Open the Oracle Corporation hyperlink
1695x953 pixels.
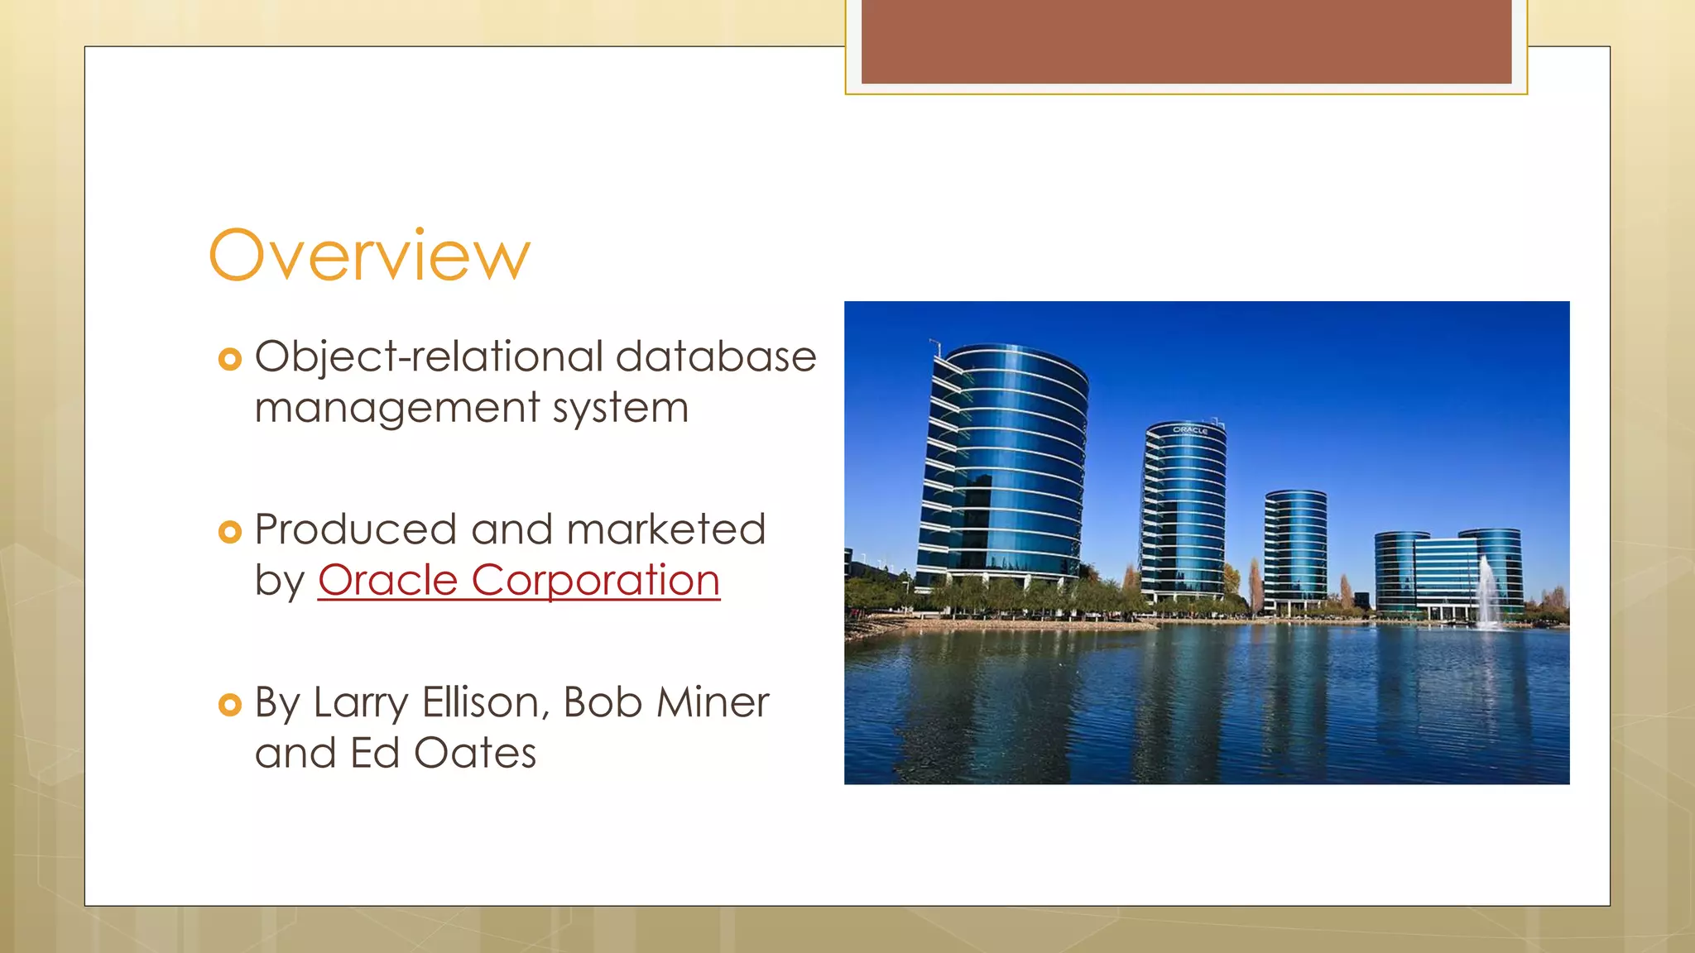[519, 580]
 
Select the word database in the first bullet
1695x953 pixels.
[716, 357]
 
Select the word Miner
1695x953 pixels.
[713, 703]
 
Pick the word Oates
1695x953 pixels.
[475, 754]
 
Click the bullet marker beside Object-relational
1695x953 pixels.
[229, 359]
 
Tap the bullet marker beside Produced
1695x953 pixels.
[229, 532]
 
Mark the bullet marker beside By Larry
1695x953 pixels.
[229, 705]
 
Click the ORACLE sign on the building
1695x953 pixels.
[1190, 430]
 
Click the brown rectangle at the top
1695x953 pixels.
[1186, 41]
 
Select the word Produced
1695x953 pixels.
[355, 529]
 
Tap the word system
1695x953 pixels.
[620, 409]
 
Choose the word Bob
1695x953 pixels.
[603, 703]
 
